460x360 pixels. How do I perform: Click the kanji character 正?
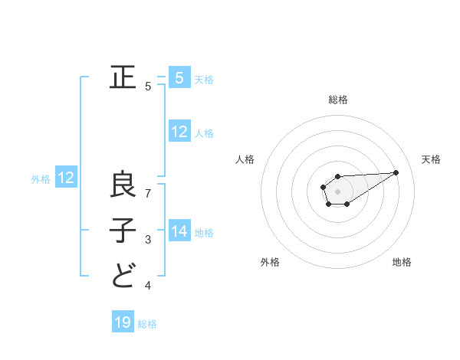pos(123,78)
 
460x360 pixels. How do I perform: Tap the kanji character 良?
pos(123,185)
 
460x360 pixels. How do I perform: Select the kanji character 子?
pos(123,231)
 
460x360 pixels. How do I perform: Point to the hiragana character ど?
pos(123,275)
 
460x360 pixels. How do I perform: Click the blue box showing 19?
pos(123,322)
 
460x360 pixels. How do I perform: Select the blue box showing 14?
pos(179,231)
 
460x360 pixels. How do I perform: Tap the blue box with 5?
pos(179,77)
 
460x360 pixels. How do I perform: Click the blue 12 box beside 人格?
pos(179,132)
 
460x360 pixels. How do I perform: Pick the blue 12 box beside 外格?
pos(66,178)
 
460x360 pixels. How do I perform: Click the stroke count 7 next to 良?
pos(148,193)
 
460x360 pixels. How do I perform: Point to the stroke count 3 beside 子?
pos(148,240)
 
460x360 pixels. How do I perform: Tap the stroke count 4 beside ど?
pos(148,286)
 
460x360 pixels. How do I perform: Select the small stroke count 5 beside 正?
pos(148,87)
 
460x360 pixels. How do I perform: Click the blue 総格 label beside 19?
pos(147,324)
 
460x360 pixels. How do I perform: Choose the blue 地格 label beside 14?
pos(204,232)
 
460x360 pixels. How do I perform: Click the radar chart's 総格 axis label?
pos(338,100)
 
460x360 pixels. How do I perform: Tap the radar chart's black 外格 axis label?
pos(270,262)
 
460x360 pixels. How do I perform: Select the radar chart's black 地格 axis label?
pos(402,262)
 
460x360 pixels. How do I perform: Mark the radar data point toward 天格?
pos(396,172)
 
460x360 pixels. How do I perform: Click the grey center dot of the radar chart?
pos(337,190)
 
